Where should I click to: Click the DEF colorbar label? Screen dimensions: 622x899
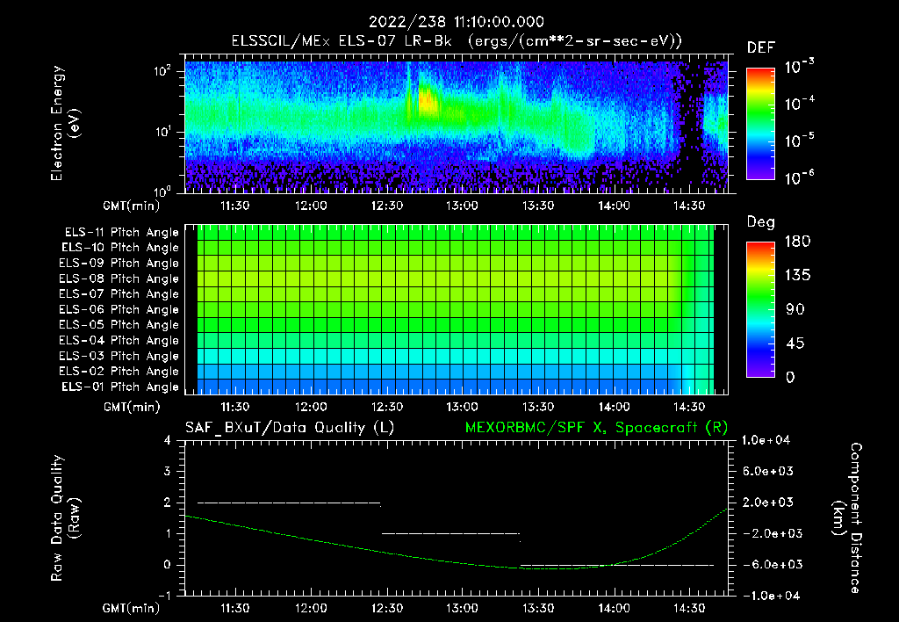760,47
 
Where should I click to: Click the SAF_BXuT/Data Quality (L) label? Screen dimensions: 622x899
288,428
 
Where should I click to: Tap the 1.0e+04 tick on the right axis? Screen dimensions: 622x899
769,440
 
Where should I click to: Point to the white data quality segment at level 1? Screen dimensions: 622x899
450,533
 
